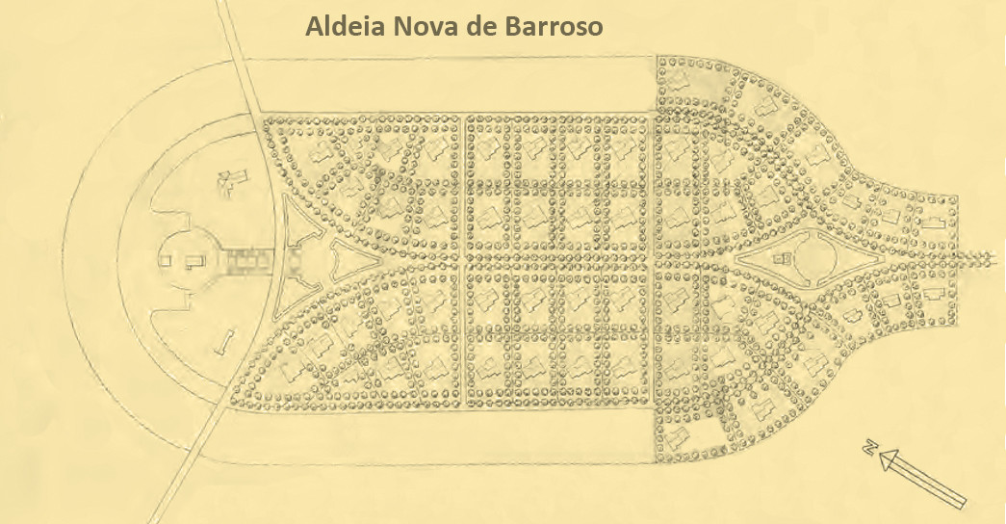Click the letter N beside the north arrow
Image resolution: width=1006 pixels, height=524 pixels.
pyautogui.click(x=869, y=449)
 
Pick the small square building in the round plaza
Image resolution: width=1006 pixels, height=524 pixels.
pyautogui.click(x=166, y=259)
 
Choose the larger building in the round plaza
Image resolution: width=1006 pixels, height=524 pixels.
pyautogui.click(x=192, y=260)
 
